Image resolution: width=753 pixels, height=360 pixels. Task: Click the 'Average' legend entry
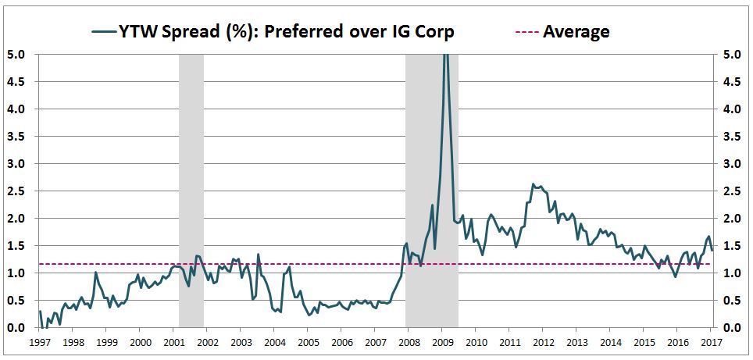pos(576,31)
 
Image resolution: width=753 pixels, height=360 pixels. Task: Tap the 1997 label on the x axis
pos(39,342)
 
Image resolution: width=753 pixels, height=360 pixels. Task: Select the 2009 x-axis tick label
pos(442,342)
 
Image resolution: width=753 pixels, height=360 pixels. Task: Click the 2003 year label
pos(241,342)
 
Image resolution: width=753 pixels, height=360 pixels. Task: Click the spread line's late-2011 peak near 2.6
pos(533,185)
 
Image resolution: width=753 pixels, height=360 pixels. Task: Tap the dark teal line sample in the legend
pos(103,32)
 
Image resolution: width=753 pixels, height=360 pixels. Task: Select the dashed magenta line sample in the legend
pos(526,32)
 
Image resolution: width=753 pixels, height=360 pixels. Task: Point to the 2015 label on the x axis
pos(644,342)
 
